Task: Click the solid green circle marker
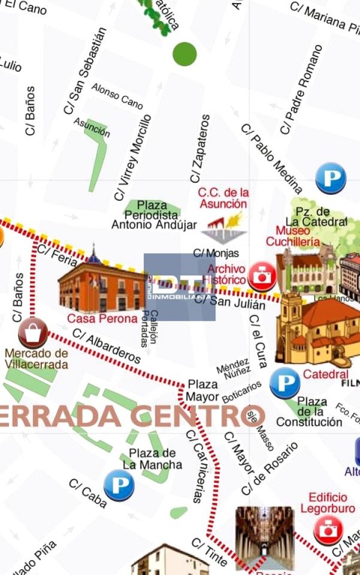point(184,54)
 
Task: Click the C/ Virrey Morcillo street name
point(132,158)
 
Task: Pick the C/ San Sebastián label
point(85,71)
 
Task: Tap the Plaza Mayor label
point(204,390)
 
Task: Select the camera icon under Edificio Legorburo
point(328,529)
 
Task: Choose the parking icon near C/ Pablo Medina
point(330,178)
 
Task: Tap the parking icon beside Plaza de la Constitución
point(284,383)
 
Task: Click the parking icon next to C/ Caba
point(119,485)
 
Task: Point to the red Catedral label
point(326,374)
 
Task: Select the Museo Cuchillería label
point(298,236)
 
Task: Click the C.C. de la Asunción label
point(222,198)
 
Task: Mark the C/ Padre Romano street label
point(301,91)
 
